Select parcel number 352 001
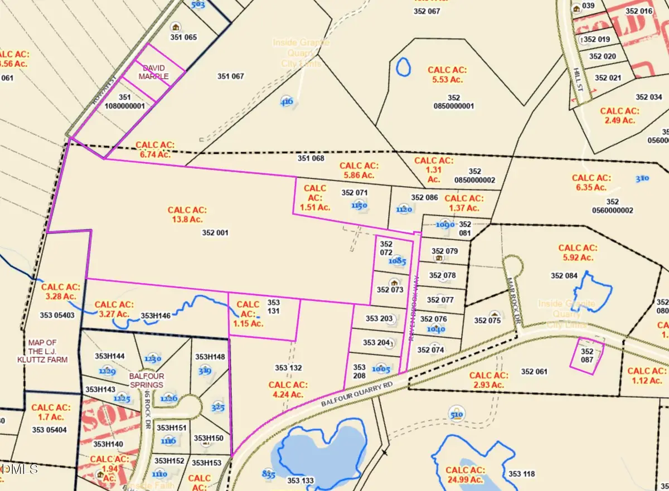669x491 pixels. coord(215,233)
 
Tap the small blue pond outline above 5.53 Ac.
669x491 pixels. coord(402,67)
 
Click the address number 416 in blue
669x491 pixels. coord(287,102)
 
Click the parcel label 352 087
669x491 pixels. coord(587,356)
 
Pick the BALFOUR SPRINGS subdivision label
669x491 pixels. coord(146,380)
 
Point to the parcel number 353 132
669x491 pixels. coord(288,368)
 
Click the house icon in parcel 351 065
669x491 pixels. coord(176,27)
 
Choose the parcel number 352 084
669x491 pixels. coord(564,275)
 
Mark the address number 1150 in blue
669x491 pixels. coord(359,205)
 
